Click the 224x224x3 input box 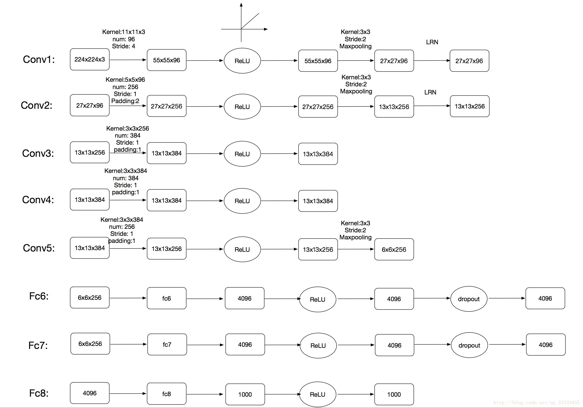[90, 59]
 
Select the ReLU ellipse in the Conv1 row [242, 61]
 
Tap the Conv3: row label [38, 153]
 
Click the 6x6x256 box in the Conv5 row [394, 249]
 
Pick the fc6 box [167, 298]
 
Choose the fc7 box [167, 345]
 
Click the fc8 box [167, 394]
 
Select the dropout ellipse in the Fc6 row [469, 299]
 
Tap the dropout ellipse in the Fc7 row [469, 345]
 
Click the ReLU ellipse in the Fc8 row [318, 395]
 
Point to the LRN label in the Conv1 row [432, 42]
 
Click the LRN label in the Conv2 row [430, 92]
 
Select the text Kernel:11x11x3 [124, 32]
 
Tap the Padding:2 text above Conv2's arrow [125, 101]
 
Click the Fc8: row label [39, 393]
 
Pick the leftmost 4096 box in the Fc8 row [90, 393]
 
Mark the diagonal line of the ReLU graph [250, 21]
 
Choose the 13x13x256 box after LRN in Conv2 [470, 106]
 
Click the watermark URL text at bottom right [536, 403]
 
